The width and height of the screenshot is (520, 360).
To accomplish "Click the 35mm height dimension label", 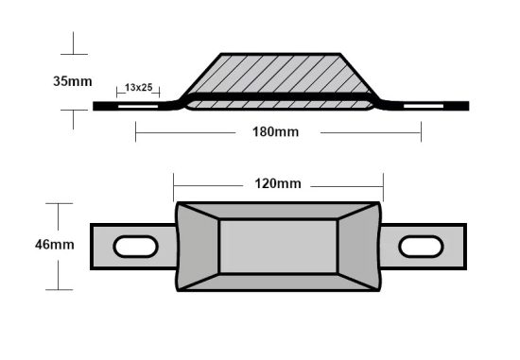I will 73,81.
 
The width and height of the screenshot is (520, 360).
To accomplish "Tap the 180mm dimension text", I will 278,132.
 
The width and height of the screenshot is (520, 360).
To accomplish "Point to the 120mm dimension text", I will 278,183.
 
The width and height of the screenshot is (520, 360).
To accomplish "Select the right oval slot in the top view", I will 421,247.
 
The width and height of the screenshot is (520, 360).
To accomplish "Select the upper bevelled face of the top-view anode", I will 278,212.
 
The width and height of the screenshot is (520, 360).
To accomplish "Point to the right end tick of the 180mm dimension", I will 421,133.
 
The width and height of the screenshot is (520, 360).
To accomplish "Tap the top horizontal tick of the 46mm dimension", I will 59,204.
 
